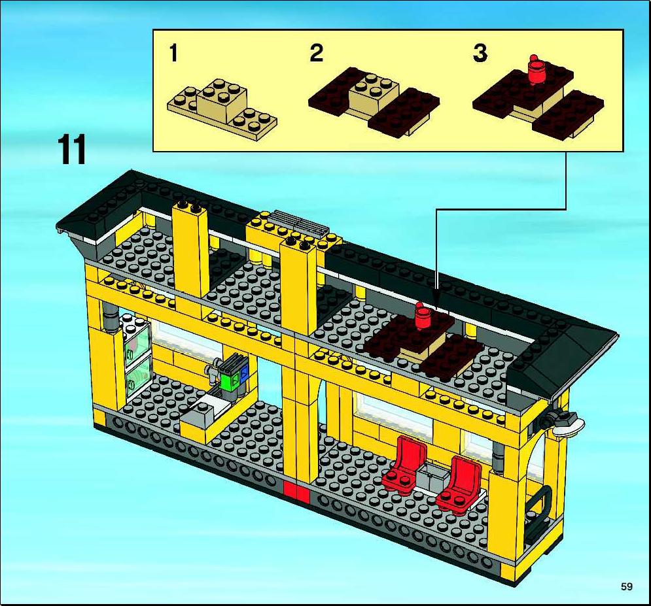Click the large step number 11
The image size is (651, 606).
(73, 149)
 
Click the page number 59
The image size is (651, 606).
(627, 586)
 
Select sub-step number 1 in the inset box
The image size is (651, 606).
(174, 53)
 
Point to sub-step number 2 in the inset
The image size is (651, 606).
(317, 53)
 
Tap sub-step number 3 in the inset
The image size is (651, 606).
(480, 53)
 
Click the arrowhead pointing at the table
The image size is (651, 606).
(436, 303)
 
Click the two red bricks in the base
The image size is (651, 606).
(296, 492)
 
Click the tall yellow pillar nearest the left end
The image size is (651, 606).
(190, 254)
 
